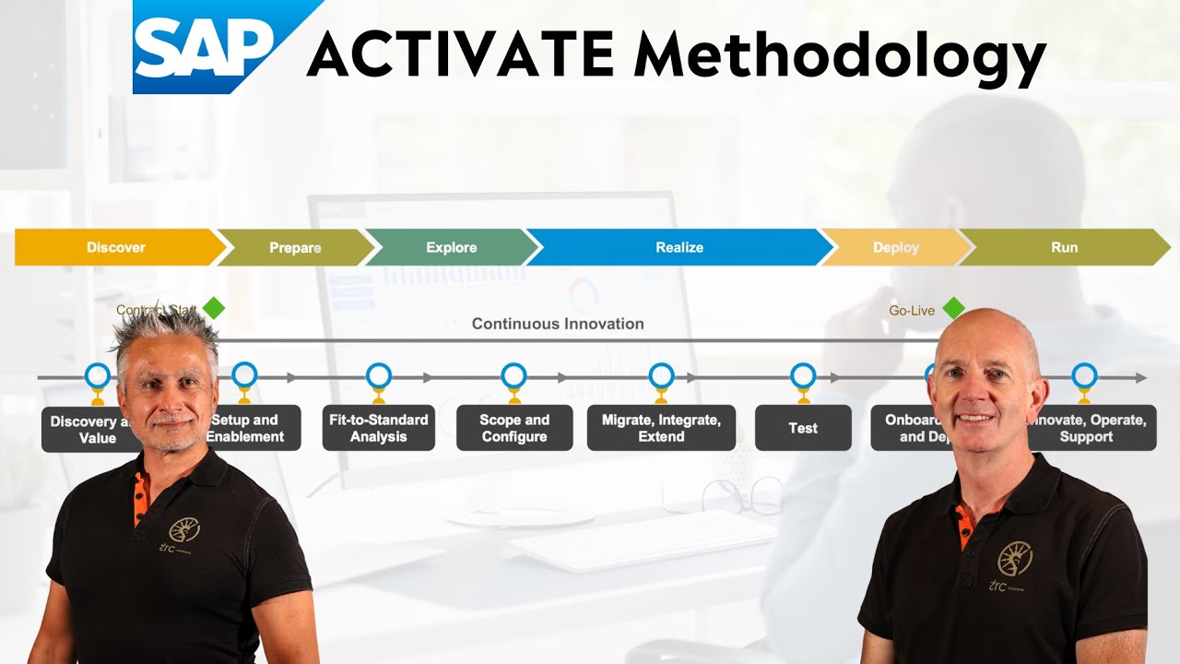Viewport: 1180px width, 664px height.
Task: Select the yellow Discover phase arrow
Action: coord(116,247)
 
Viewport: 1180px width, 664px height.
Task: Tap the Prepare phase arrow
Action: coord(295,247)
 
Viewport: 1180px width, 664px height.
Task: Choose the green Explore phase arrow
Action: coord(452,247)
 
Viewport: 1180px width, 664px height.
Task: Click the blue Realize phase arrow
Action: coord(679,247)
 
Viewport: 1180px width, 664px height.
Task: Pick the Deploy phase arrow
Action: coord(895,247)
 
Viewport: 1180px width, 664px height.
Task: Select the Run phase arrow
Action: coord(1064,247)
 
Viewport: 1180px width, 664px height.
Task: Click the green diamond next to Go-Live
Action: coord(953,308)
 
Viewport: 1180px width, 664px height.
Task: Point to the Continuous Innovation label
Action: coord(558,324)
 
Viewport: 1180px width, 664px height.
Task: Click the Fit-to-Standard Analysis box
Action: coord(378,428)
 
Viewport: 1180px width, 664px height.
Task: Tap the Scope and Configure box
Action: coord(514,428)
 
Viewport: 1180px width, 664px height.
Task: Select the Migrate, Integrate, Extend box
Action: coord(661,428)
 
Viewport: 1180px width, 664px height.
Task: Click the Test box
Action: coord(803,428)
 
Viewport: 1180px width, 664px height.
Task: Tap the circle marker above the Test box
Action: coord(803,375)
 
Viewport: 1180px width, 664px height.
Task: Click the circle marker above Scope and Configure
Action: coord(514,375)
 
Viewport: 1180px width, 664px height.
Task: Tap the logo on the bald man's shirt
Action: coord(1014,558)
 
